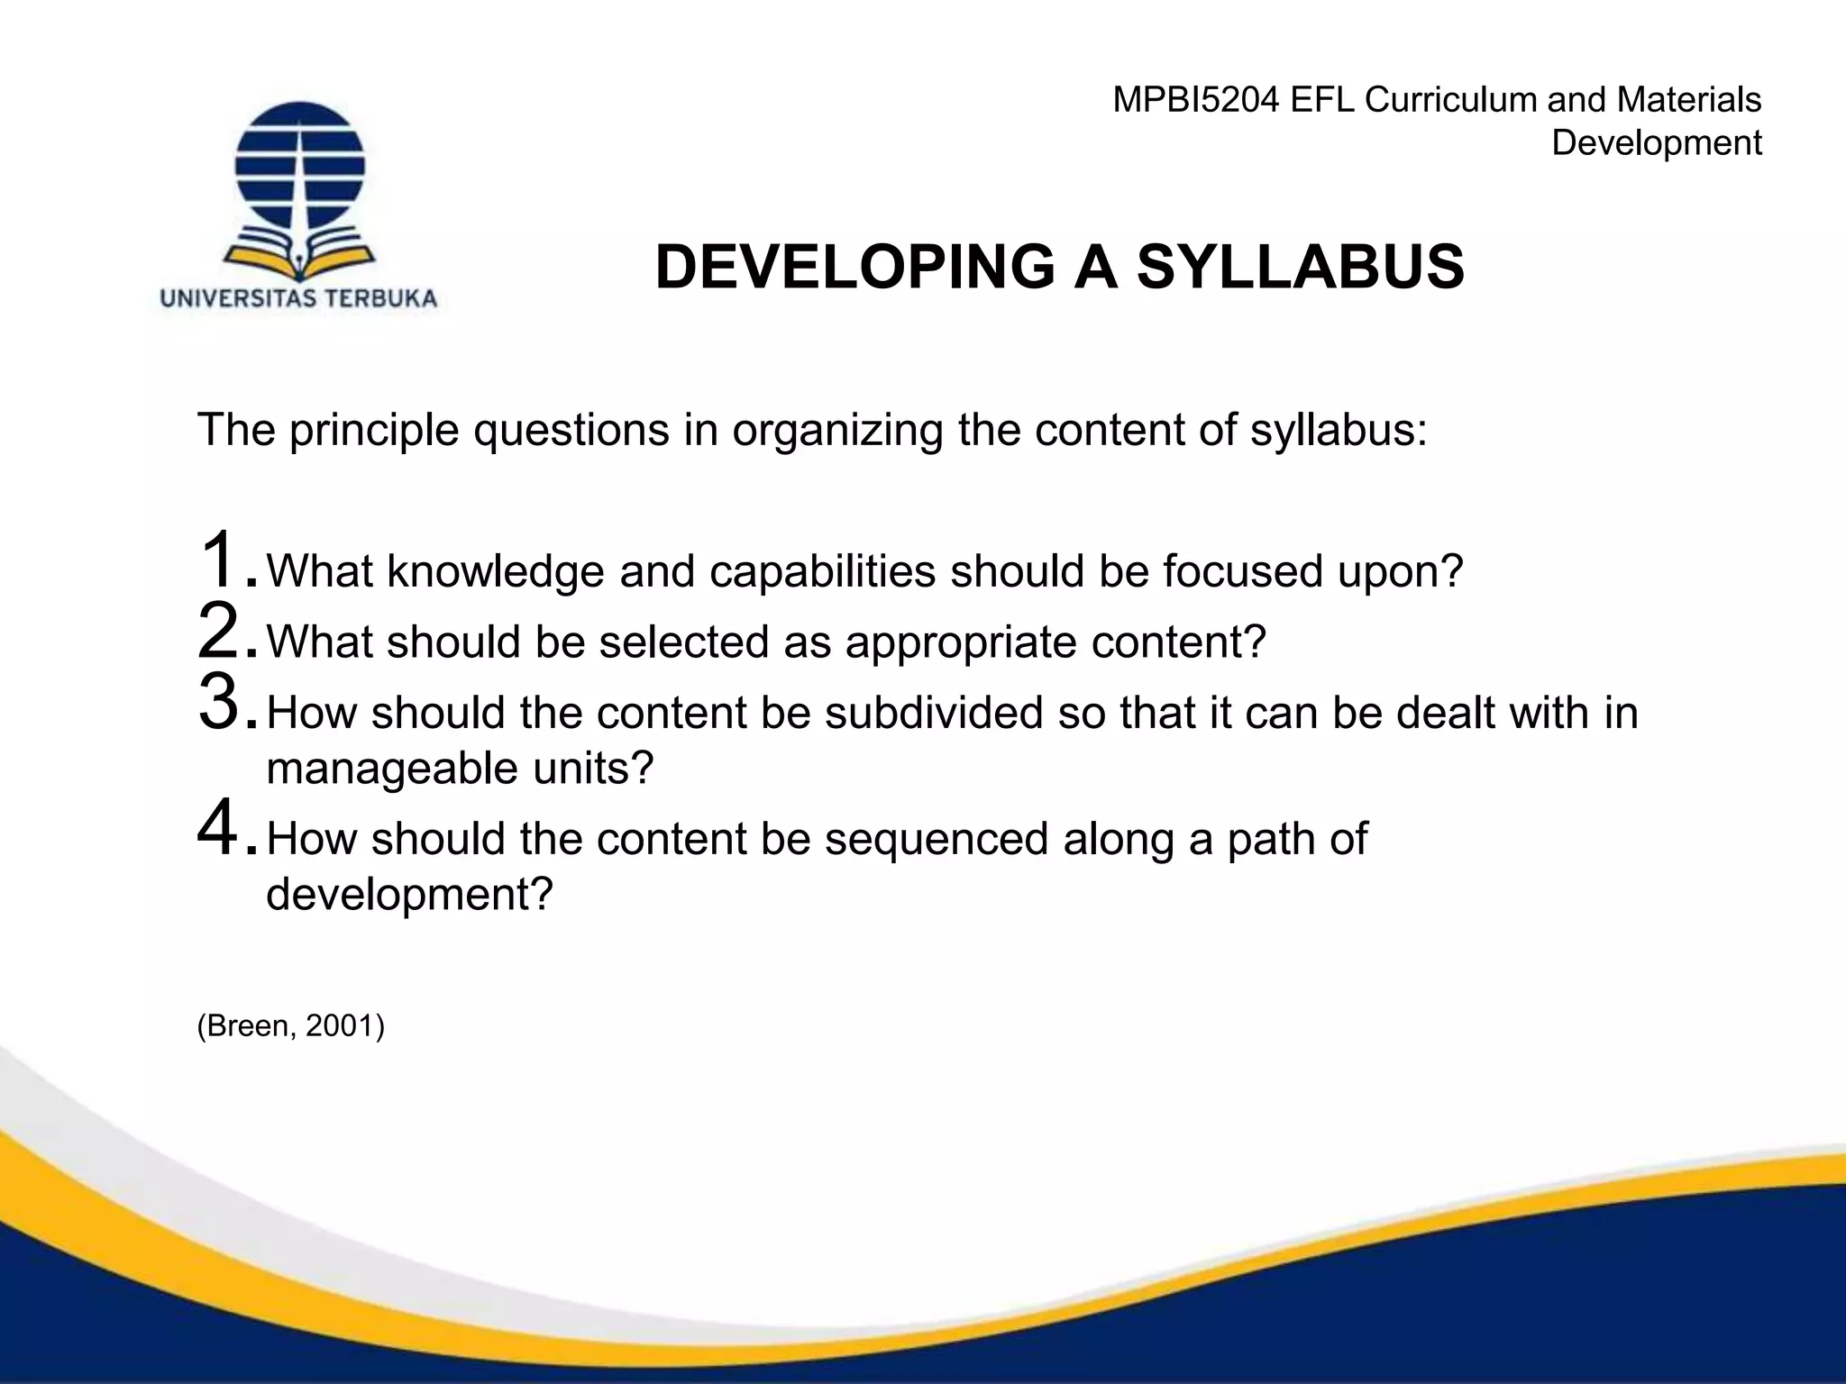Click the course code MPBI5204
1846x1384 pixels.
click(x=1195, y=100)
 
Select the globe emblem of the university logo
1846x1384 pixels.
click(x=299, y=166)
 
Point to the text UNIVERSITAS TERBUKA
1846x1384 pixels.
click(x=298, y=299)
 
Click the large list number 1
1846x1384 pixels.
click(x=219, y=560)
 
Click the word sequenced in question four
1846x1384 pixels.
click(x=936, y=839)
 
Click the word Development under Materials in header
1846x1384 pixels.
click(x=1656, y=143)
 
